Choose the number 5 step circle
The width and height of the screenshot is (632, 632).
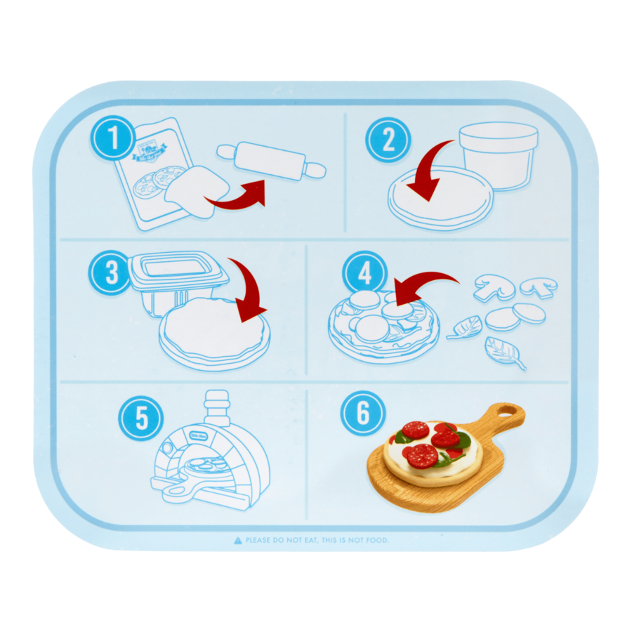tap(141, 419)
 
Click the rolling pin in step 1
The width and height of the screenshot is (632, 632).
tap(271, 161)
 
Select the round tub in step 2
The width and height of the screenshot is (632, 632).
tap(498, 155)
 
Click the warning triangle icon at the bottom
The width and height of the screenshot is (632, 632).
tap(238, 540)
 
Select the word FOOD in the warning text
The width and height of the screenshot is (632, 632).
tap(376, 540)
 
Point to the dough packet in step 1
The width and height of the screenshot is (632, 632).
tap(151, 176)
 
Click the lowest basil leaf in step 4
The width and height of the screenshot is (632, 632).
tap(504, 353)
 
